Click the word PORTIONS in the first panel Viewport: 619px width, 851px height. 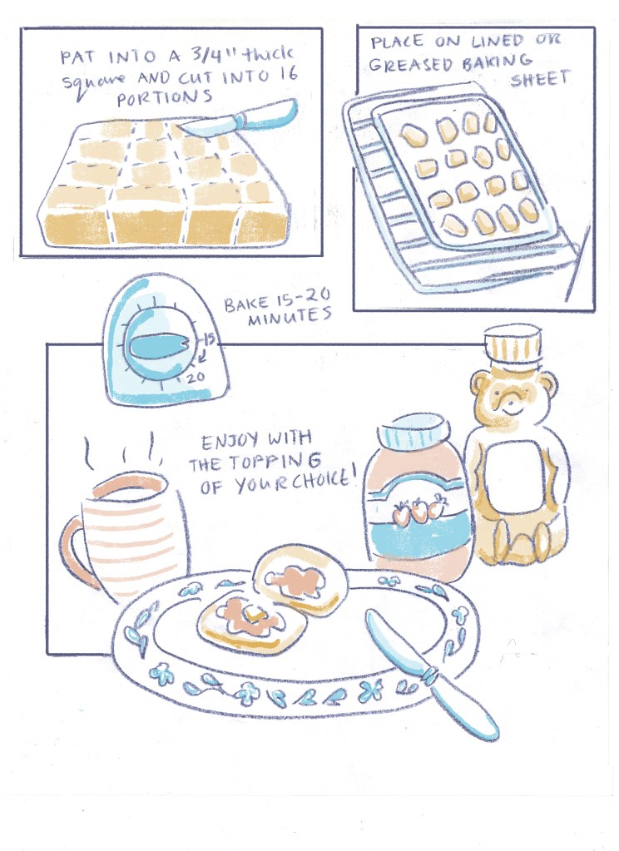tap(164, 98)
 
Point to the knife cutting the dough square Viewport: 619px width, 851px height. tap(239, 118)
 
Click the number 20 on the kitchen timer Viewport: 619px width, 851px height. tap(196, 377)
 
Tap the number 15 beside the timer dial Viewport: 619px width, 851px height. tap(209, 339)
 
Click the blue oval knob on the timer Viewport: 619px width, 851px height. tap(156, 345)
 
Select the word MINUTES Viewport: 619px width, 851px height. tap(290, 316)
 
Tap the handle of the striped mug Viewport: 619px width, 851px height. tap(77, 552)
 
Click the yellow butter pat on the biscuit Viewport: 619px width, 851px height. tap(254, 616)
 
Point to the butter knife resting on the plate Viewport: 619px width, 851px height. tap(429, 672)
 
